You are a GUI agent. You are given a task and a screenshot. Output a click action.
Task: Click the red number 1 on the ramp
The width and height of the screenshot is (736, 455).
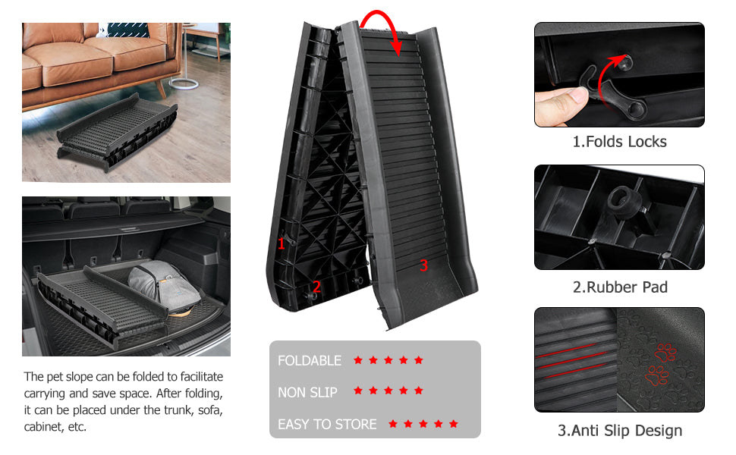(282, 243)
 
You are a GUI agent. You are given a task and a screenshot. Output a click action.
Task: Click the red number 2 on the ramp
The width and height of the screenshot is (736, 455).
(316, 286)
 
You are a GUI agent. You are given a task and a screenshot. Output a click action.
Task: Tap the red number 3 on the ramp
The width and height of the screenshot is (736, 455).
(424, 265)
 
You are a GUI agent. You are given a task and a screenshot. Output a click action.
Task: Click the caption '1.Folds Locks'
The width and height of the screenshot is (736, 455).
(619, 142)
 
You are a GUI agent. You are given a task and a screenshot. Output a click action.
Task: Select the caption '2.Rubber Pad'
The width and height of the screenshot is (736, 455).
(620, 287)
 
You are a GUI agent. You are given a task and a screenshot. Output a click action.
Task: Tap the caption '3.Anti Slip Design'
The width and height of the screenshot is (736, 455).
(620, 431)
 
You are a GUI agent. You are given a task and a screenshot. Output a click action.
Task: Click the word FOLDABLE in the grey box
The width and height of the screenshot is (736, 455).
(310, 360)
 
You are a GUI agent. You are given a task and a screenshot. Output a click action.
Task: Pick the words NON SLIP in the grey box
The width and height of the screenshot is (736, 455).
(307, 392)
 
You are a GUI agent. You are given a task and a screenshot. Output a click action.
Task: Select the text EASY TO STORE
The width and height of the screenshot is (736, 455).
(327, 424)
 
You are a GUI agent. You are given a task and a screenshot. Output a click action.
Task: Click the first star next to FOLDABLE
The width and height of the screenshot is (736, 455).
(358, 359)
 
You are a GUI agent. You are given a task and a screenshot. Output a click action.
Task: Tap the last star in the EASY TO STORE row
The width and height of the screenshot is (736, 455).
(454, 424)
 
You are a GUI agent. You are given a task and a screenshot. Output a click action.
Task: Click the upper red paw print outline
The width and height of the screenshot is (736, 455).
(665, 353)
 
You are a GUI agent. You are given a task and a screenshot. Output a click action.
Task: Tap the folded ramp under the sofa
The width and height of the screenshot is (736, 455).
(118, 132)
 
